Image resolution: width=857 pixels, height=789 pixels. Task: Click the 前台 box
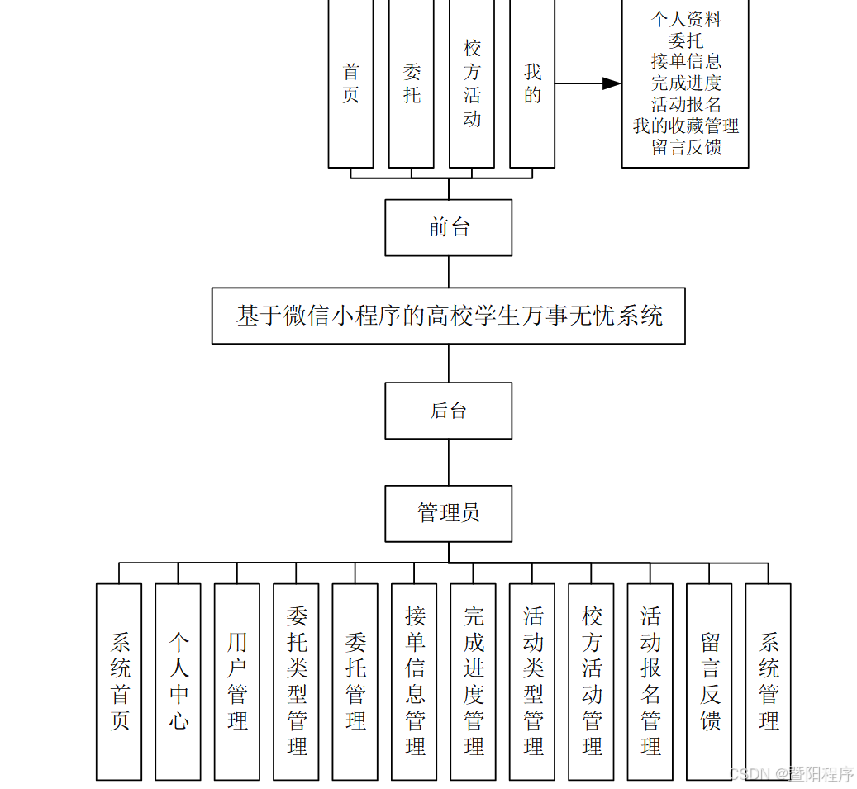pos(448,227)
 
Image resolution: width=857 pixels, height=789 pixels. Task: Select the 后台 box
pos(448,411)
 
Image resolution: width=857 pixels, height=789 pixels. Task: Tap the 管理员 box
pos(448,513)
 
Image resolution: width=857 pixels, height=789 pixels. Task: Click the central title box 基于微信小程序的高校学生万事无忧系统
pos(448,316)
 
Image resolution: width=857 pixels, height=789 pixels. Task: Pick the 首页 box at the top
pos(350,83)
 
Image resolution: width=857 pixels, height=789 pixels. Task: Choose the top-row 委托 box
pos(412,83)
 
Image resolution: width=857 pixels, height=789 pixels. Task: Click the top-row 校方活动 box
pos(472,83)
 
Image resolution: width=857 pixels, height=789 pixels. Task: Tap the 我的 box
pos(532,83)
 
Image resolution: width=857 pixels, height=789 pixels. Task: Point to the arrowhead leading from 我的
pos(612,83)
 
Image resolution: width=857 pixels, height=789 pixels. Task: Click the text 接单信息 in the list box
pos(686,61)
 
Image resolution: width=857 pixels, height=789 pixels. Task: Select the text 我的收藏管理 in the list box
pos(686,126)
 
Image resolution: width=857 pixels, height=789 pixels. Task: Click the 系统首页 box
pos(119,682)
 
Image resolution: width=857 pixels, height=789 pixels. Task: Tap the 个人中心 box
pos(178,682)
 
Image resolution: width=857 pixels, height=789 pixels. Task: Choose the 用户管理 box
pos(237,682)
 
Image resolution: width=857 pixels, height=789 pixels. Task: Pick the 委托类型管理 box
pos(296,682)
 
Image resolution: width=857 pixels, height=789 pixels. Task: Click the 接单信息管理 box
pos(414,682)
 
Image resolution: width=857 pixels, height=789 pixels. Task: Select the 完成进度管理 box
pos(473,682)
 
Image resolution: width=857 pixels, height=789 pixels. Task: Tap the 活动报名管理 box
pos(650,682)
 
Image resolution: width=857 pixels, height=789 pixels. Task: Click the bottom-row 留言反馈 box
pos(709,682)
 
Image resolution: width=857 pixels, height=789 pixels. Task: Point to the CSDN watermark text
pos(791,774)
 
